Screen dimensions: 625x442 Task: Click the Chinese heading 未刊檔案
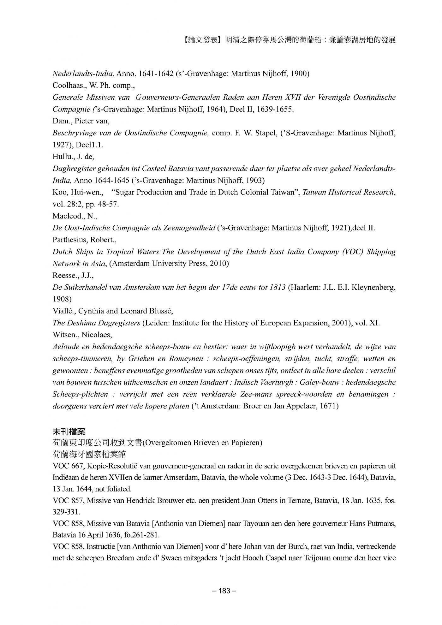click(x=69, y=431)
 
